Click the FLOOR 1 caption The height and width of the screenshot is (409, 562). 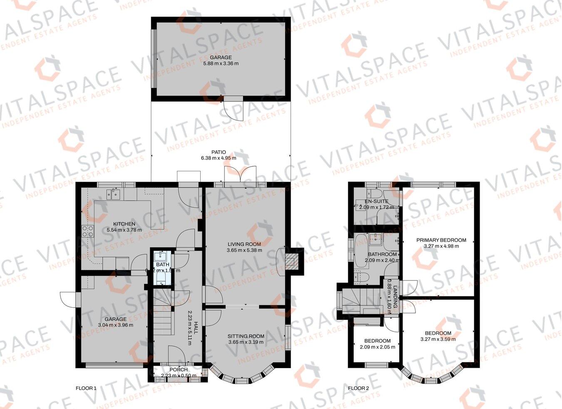86,388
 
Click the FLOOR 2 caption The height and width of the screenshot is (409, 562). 358,388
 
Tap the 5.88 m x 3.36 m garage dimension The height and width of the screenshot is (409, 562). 221,63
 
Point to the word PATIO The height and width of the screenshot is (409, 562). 219,152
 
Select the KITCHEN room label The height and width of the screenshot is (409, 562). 124,224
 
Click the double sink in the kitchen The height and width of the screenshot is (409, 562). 113,194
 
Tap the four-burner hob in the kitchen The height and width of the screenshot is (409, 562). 87,231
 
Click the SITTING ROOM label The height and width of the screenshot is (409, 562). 246,336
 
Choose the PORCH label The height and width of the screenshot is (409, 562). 179,369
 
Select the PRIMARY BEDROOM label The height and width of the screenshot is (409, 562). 441,240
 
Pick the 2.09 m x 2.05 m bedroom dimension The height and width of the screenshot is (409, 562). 377,346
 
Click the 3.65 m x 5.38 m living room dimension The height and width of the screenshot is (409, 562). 244,250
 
